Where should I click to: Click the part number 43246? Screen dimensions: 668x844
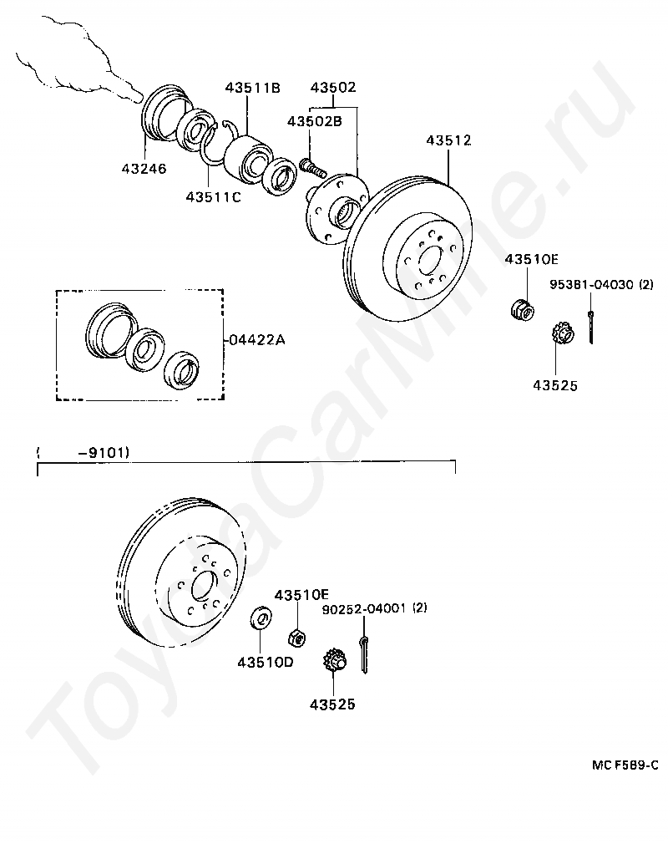tap(143, 168)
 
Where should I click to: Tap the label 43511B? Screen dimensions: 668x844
tap(251, 88)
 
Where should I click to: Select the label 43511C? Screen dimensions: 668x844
tap(213, 196)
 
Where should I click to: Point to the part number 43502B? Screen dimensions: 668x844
tap(314, 121)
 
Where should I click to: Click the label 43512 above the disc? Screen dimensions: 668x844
tap(448, 140)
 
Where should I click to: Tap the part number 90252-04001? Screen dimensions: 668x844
tap(366, 609)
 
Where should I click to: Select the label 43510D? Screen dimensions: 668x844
tap(265, 662)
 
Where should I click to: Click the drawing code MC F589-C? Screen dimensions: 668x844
tap(625, 765)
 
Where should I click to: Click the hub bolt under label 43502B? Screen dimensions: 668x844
tap(311, 166)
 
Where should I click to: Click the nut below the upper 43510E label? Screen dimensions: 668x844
tap(522, 308)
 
